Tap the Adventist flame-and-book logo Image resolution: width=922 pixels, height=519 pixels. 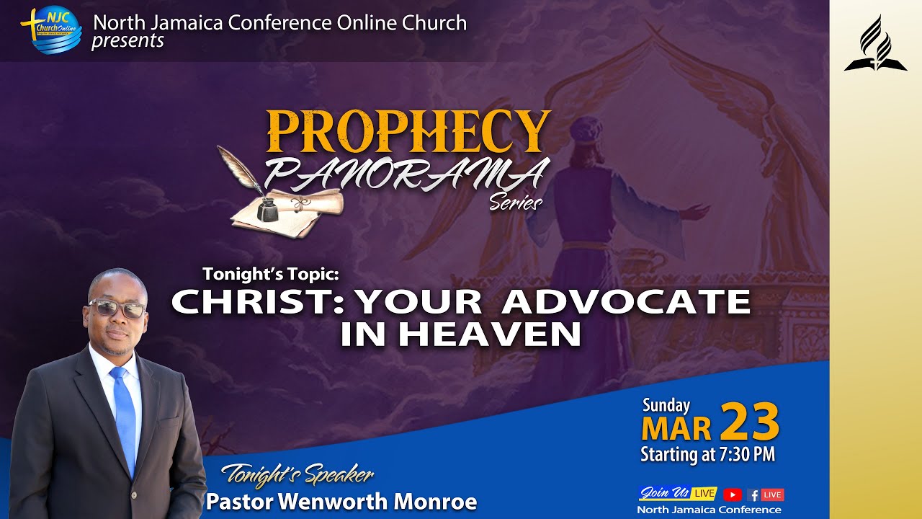(875, 45)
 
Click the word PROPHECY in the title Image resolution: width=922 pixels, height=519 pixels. (408, 131)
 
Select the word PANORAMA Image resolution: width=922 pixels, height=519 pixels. (407, 173)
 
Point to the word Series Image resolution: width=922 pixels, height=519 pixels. (516, 203)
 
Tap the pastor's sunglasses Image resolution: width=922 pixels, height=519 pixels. (117, 309)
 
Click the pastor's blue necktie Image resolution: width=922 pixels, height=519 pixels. (124, 418)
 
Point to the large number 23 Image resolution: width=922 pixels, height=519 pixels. (749, 422)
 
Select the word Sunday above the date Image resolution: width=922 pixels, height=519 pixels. (666, 405)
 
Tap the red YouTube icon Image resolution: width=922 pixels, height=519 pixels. (732, 494)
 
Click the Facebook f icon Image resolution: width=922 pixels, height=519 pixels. (753, 495)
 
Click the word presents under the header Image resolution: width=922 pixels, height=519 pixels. (127, 41)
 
